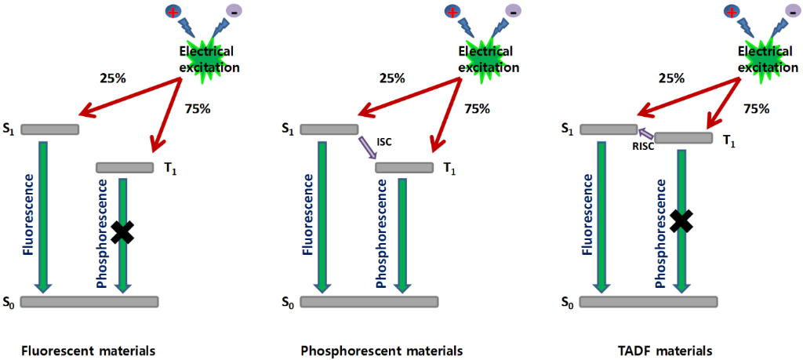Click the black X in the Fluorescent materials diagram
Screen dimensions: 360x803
click(x=122, y=231)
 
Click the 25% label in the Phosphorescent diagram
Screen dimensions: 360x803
click(x=392, y=78)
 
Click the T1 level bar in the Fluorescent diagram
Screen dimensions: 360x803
click(x=125, y=167)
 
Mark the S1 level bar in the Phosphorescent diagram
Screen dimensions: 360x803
click(x=329, y=129)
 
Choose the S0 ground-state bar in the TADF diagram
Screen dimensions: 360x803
click(x=649, y=302)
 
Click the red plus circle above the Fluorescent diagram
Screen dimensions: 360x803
click(x=173, y=12)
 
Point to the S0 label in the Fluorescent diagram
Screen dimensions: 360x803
click(x=10, y=302)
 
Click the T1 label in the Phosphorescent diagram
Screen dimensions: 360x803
click(x=449, y=168)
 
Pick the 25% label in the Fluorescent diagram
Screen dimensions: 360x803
click(x=112, y=78)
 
